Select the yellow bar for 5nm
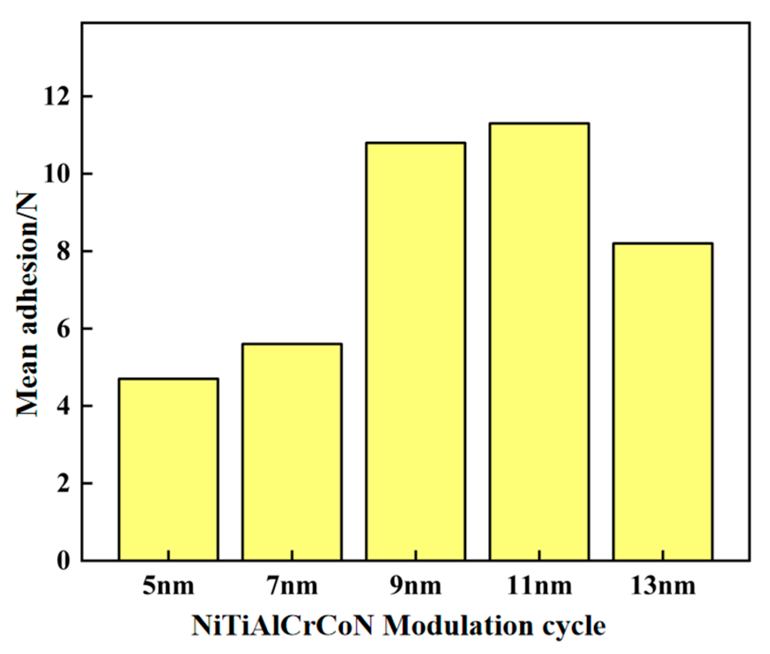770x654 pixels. coord(168,469)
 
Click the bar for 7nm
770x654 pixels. coord(292,451)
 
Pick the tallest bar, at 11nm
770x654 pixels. coord(539,341)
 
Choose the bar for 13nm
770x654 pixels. coord(663,401)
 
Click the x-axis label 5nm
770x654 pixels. coord(168,586)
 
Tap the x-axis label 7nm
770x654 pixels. coord(292,586)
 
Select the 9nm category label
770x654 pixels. coord(415,586)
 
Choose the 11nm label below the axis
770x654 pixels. coord(539,586)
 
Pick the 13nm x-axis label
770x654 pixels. coord(663,586)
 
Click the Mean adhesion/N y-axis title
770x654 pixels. coord(27,304)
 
